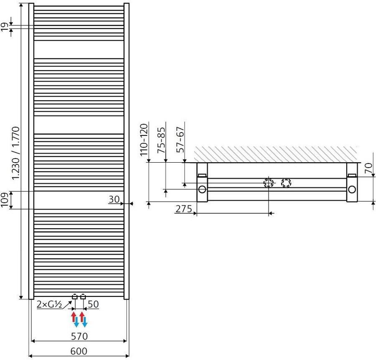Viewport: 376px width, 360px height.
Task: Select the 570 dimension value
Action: point(79,336)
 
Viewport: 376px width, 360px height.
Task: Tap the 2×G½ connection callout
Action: point(49,304)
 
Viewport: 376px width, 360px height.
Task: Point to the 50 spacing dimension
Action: point(93,304)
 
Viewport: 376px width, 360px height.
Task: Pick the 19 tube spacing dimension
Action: point(5,28)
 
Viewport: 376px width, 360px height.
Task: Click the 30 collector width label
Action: point(114,200)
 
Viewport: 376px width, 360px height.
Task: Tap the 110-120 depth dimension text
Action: point(144,140)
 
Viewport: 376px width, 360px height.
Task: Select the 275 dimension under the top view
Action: point(184,209)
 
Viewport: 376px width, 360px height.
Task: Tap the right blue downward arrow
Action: point(84,322)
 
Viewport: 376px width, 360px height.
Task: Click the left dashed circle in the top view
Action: point(268,183)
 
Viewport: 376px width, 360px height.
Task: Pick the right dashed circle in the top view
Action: point(286,183)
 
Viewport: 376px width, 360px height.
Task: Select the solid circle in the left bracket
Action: point(202,189)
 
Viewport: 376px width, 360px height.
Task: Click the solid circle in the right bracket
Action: point(352,189)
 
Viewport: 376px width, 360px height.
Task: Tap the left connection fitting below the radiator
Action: point(75,296)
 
